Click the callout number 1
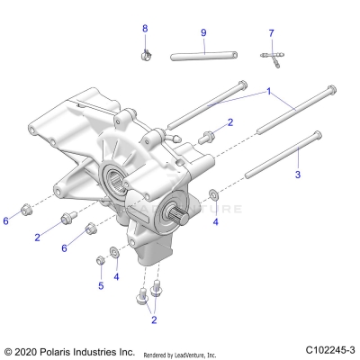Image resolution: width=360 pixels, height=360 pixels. pyautogui.click(x=267, y=93)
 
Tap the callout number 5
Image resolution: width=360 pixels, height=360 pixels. pyautogui.click(x=101, y=285)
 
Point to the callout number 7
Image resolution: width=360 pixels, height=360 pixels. pyautogui.click(x=270, y=33)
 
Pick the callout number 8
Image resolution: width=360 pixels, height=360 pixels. pyautogui.click(x=144, y=29)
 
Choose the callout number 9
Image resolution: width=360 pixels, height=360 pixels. pyautogui.click(x=202, y=32)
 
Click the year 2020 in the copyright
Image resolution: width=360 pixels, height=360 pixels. pyautogui.click(x=29, y=350)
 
